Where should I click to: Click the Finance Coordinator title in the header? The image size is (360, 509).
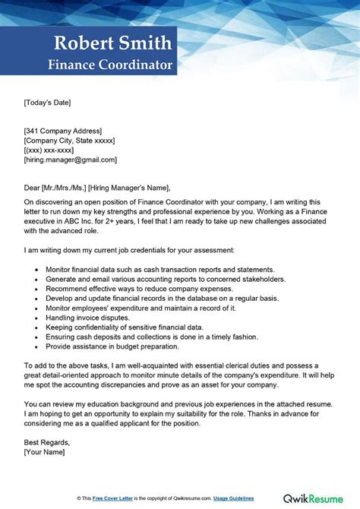tap(111, 65)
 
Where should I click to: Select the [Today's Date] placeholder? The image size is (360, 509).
tap(48, 102)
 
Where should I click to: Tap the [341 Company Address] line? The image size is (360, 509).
tap(63, 131)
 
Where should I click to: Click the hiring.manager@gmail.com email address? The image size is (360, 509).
tap(71, 160)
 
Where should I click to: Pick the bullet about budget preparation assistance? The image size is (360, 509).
tap(112, 346)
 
